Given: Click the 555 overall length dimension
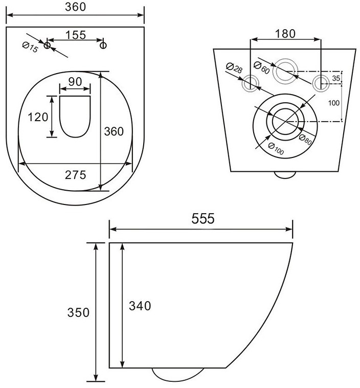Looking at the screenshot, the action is [203, 218].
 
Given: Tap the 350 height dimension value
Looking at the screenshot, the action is [78, 312].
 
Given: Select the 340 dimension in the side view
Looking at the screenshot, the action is [140, 306].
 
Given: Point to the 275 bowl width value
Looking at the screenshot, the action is [76, 175].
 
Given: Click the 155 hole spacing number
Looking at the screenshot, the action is [76, 35].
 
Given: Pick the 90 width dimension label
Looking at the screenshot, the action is [75, 82].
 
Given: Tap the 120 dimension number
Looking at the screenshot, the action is [38, 117].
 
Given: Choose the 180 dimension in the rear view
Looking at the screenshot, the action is [285, 34].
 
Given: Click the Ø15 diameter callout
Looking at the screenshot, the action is [30, 47].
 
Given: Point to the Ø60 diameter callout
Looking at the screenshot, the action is [262, 67].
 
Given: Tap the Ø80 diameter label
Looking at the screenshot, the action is [305, 140].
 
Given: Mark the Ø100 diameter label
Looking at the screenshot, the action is [276, 149].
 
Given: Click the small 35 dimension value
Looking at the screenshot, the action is [336, 78].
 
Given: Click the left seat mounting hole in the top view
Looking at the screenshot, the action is [47, 45].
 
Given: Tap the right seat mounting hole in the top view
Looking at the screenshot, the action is [103, 45].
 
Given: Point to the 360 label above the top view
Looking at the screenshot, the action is [76, 7].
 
